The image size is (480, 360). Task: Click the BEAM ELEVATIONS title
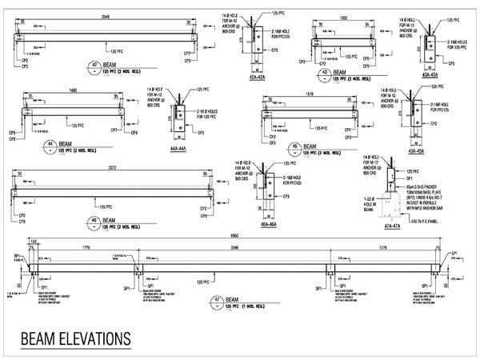75,337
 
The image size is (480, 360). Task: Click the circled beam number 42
96,67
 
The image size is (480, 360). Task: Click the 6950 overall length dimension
234,238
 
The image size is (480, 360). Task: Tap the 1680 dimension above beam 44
73,90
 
